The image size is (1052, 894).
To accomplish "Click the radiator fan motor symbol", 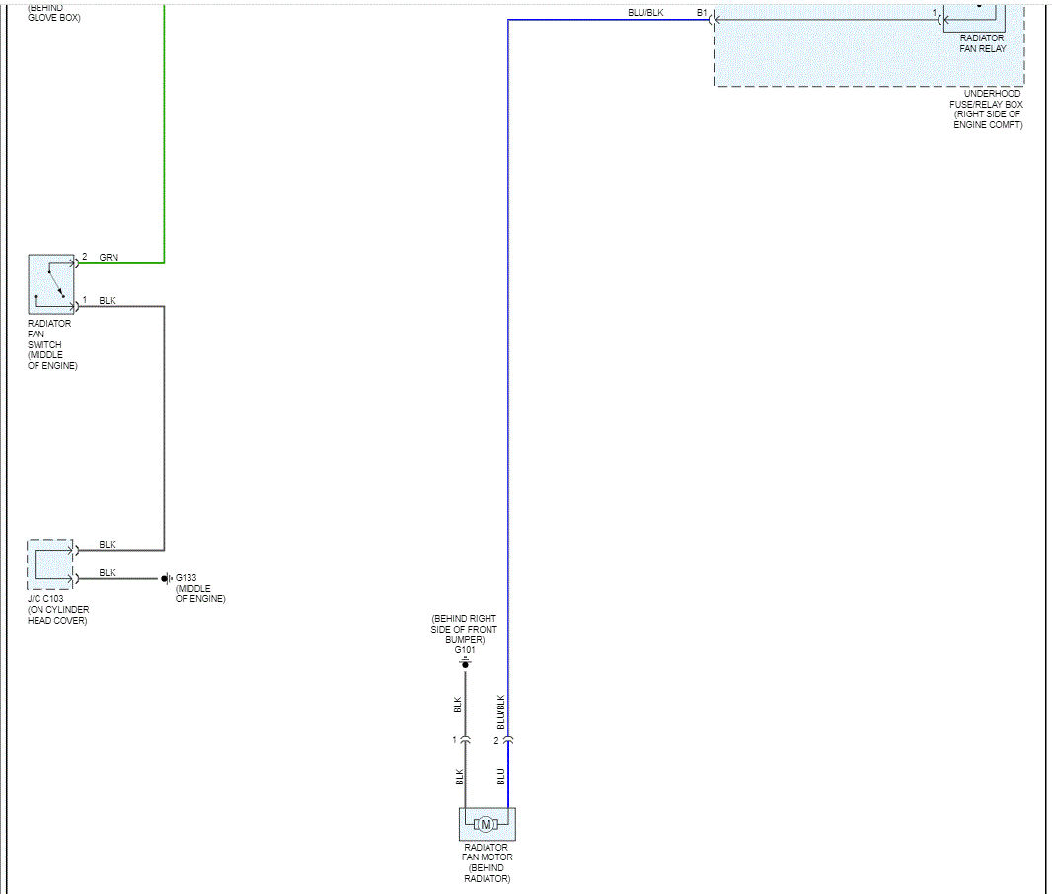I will tap(486, 824).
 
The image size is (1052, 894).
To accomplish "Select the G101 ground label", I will tap(464, 650).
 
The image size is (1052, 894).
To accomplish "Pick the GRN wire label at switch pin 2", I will tap(109, 257).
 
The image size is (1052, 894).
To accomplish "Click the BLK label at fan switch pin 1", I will tap(108, 300).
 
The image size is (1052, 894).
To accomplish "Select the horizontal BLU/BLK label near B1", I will tap(645, 13).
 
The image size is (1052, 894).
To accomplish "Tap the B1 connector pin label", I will tap(702, 13).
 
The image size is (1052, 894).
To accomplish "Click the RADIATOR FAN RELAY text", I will tap(982, 43).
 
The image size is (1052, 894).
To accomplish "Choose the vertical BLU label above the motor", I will tap(501, 776).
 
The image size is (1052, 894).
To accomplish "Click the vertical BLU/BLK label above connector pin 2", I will tap(501, 711).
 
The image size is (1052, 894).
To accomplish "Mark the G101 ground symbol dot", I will tap(465, 665).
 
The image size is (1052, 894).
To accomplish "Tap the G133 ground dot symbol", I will tap(165, 578).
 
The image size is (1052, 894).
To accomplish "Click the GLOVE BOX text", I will tap(54, 18).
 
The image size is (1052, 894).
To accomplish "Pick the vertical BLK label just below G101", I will tap(458, 705).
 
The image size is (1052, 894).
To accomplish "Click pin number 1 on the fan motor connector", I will tap(455, 740).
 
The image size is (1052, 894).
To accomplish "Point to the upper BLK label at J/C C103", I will tap(108, 545).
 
